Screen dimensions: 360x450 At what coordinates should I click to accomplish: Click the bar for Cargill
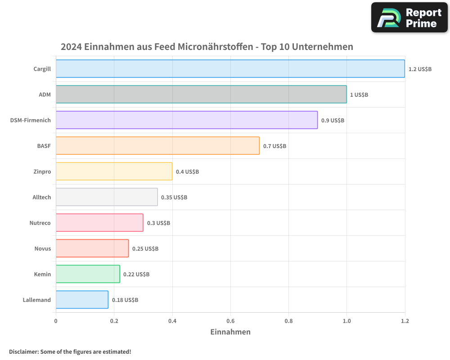(230, 68)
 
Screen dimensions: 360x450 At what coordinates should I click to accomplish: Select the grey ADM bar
(201, 94)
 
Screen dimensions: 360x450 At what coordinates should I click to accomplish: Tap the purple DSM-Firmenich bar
(187, 120)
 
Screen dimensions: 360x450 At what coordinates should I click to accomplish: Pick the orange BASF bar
(157, 145)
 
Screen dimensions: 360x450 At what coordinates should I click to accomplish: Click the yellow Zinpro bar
(114, 171)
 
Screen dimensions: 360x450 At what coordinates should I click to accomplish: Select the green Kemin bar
(88, 274)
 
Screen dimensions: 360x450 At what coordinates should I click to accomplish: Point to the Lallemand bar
(82, 299)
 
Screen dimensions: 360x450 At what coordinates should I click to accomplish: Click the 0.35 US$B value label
(174, 197)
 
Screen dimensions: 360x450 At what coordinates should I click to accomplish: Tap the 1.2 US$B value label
(420, 69)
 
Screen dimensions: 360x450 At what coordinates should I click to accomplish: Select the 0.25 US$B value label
(145, 248)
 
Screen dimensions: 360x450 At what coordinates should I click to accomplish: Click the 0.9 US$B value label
(333, 120)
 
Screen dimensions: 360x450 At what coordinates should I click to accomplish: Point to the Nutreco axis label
(40, 223)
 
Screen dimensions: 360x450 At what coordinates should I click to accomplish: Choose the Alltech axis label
(41, 197)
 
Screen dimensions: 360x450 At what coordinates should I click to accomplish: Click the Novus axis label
(43, 248)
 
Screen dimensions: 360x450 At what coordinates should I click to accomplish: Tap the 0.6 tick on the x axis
(230, 321)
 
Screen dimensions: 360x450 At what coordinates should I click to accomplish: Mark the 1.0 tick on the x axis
(346, 321)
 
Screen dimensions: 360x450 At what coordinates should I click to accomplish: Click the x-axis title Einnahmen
(230, 332)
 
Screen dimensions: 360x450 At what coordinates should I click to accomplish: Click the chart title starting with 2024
(207, 47)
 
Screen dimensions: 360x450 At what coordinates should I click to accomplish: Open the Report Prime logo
(409, 18)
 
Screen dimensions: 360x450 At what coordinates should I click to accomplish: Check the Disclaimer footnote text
(70, 351)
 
